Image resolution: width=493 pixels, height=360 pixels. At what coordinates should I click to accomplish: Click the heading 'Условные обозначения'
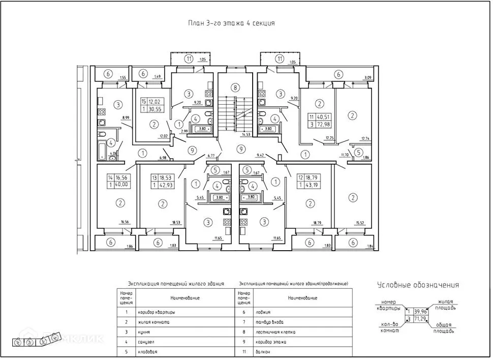click(418, 285)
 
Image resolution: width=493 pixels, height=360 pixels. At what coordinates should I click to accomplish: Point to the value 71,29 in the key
click(420, 319)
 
